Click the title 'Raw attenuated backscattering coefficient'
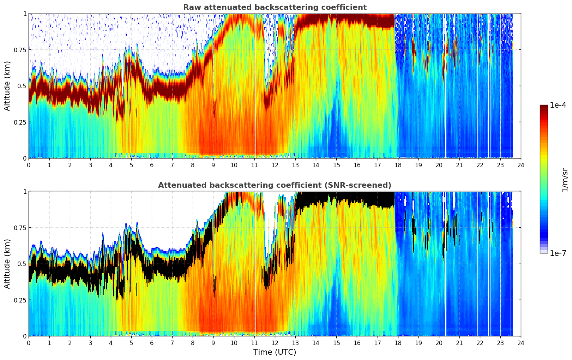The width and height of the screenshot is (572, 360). [275, 7]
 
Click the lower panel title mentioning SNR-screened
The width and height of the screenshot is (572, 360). [275, 185]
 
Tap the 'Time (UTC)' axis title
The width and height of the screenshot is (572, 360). [275, 352]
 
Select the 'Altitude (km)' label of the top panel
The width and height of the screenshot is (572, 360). [7, 86]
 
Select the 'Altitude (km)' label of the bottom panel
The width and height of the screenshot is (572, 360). [7, 264]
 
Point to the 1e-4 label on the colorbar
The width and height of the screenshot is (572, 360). [558, 105]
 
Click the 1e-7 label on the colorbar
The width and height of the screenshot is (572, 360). [558, 253]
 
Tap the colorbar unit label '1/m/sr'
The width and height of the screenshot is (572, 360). [565, 180]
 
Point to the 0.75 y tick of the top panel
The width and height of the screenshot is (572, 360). [20, 50]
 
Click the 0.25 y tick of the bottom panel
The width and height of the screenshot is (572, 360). [20, 300]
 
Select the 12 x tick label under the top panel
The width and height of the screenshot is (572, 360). [275, 165]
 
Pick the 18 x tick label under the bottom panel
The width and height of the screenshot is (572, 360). [398, 343]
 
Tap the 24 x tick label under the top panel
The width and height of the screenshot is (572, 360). [520, 165]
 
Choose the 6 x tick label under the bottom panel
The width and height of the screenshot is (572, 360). [152, 343]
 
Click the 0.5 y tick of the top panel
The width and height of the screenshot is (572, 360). [22, 86]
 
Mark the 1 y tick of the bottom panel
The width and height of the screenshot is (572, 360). [25, 191]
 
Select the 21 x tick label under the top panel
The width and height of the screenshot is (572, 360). [459, 165]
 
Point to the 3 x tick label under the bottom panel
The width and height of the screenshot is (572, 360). [90, 343]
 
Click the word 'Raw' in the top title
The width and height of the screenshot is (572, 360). [191, 7]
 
